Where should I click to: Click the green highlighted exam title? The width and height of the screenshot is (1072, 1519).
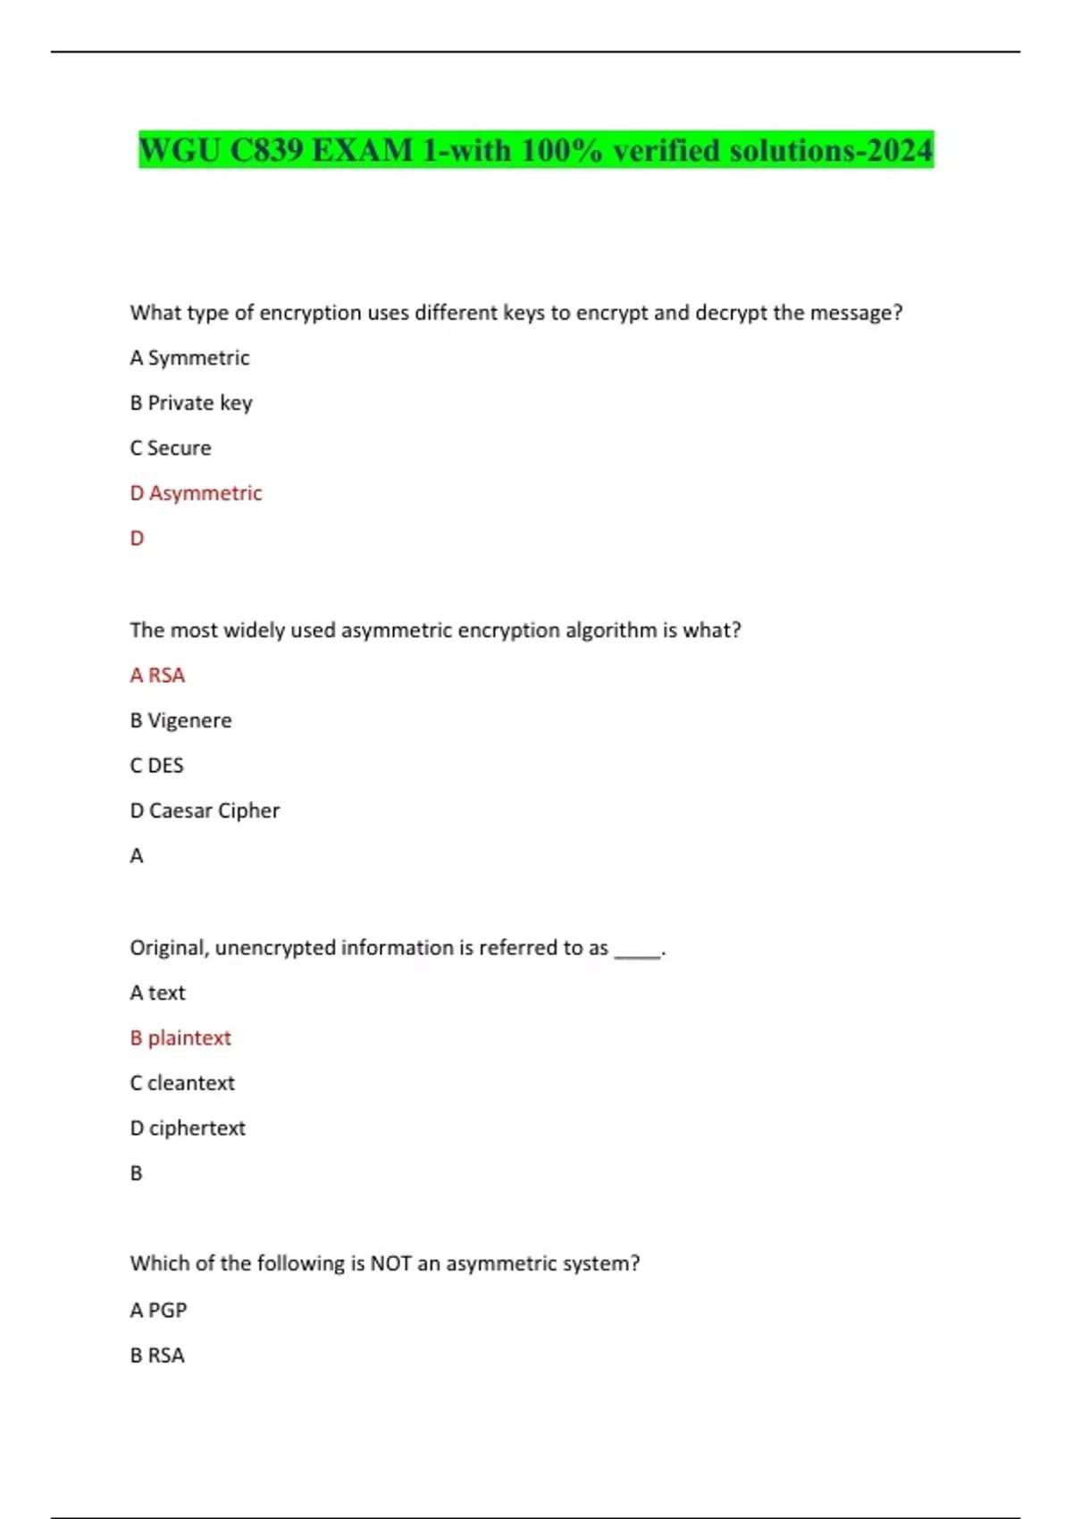[x=536, y=149]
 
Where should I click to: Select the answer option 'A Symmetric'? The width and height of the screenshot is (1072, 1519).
[x=189, y=357]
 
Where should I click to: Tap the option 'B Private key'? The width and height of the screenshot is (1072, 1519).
[x=191, y=403]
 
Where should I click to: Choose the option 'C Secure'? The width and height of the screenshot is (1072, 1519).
[x=171, y=448]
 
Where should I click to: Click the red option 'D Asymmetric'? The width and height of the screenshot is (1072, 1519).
[x=196, y=493]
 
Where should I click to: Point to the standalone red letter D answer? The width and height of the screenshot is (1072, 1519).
[x=137, y=538]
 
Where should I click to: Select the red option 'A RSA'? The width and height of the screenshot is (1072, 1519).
[x=157, y=676]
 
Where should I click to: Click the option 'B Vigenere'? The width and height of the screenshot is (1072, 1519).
[x=180, y=720]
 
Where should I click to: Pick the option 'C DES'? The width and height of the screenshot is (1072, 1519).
[x=156, y=766]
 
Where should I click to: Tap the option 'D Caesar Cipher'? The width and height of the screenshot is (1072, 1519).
[x=205, y=810]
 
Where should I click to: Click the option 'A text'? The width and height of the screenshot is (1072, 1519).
[x=157, y=993]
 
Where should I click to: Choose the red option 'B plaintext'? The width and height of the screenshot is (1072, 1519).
[x=180, y=1037]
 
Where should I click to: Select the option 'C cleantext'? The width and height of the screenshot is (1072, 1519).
[x=182, y=1083]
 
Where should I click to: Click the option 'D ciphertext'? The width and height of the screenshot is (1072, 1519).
[x=188, y=1128]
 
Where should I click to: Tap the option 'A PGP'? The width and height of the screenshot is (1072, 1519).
[x=158, y=1310]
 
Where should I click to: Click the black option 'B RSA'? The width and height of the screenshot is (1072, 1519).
[x=157, y=1355]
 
